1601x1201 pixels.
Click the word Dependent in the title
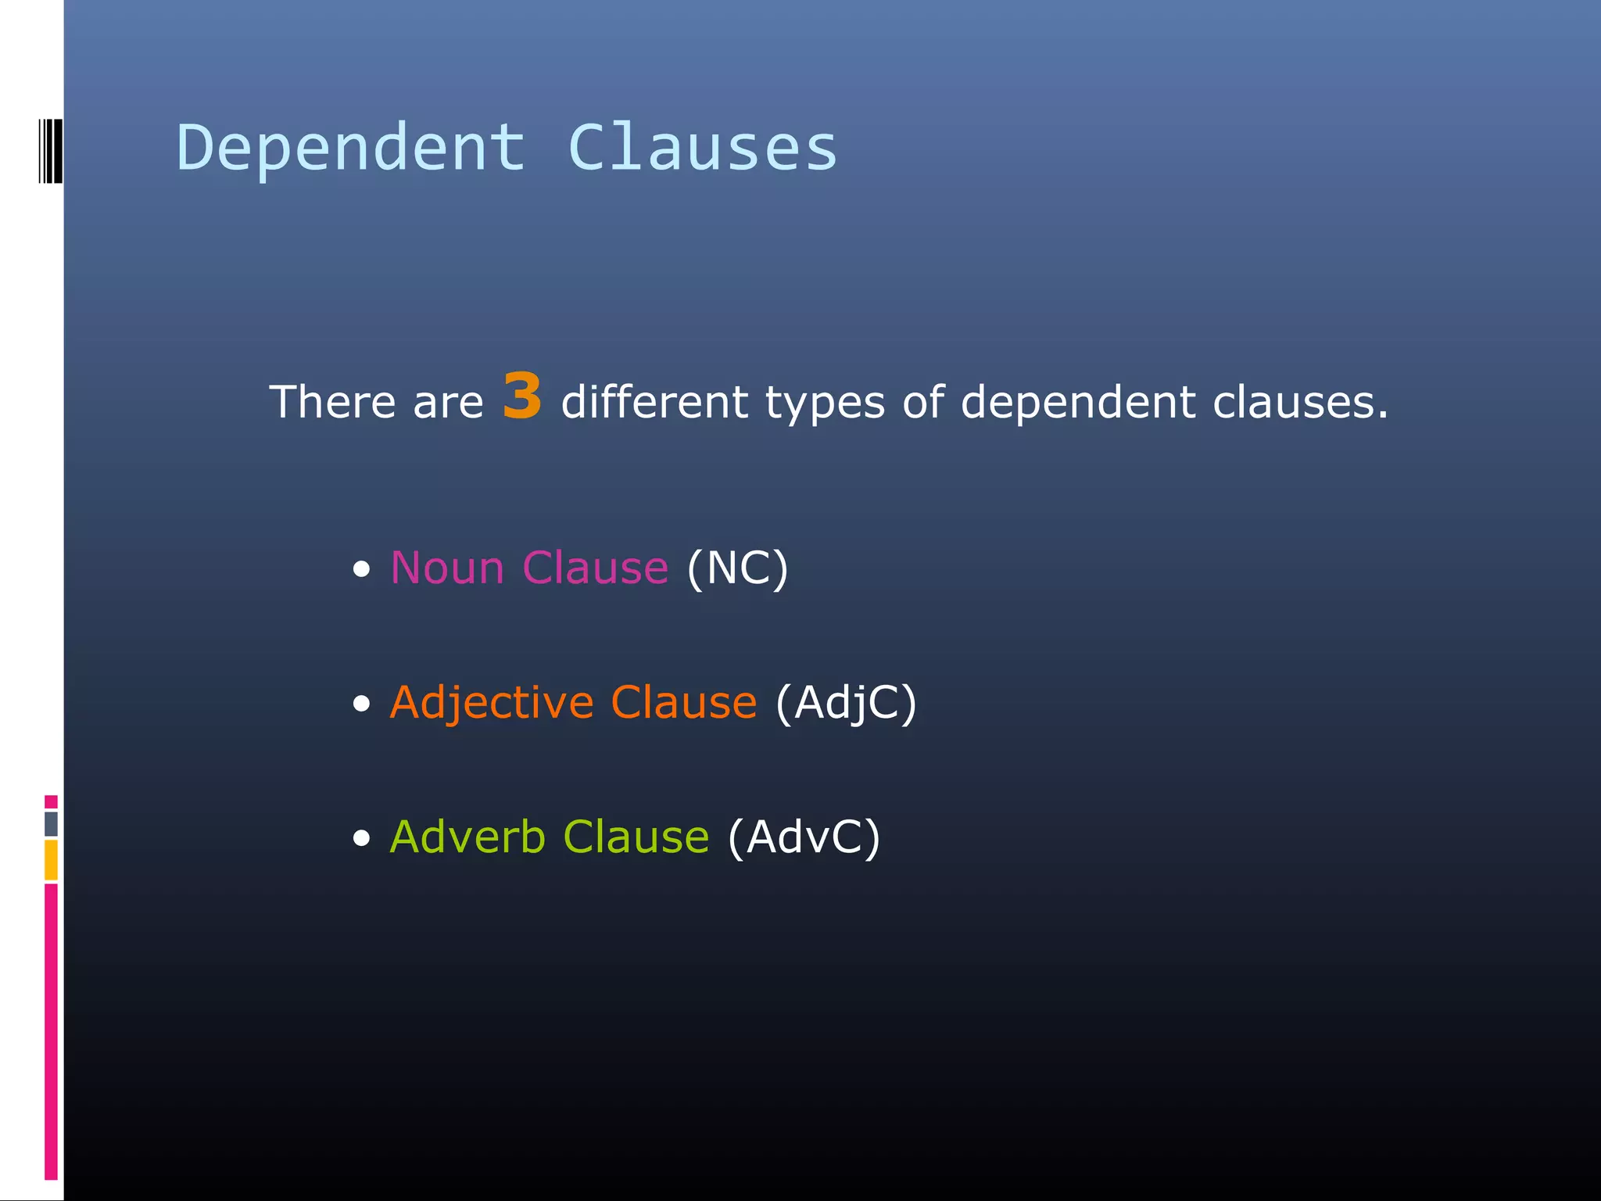[x=351, y=149]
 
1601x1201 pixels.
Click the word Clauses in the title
[x=702, y=149]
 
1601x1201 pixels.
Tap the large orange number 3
[x=522, y=396]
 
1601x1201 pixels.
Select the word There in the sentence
[x=332, y=403]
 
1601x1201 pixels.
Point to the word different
[x=654, y=403]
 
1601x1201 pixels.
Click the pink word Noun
[x=447, y=568]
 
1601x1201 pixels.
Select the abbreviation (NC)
[x=737, y=568]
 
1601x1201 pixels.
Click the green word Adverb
[x=467, y=837]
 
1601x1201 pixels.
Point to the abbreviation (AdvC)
[x=804, y=837]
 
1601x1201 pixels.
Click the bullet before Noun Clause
[x=361, y=569]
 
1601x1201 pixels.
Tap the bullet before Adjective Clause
[x=361, y=704]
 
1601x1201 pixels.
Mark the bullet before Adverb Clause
[x=361, y=839]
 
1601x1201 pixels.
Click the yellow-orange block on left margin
[x=51, y=859]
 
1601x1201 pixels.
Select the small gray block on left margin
[x=51, y=823]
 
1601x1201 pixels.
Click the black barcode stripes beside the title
[x=50, y=150]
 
